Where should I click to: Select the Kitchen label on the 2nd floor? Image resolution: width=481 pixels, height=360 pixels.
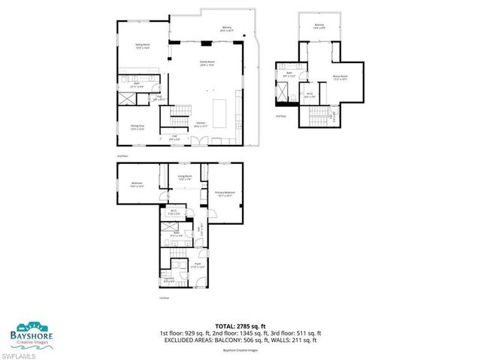coord(201,124)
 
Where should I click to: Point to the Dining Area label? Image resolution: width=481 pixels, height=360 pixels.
coord(138,127)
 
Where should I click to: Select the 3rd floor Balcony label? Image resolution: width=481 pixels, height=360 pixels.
coord(319,27)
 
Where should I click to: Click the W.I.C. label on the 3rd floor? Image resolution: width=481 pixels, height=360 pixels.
coord(309,95)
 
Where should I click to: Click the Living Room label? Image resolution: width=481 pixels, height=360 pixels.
coord(185,178)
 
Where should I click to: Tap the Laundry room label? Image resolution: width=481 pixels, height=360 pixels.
coord(168,279)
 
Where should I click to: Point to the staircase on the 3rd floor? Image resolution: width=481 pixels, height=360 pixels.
coord(314,114)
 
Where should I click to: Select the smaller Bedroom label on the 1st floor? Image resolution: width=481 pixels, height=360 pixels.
coord(138,184)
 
